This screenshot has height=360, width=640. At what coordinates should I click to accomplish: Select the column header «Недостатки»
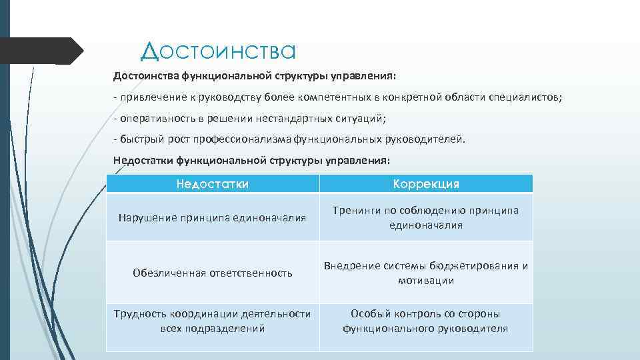212,184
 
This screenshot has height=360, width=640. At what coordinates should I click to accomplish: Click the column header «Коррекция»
426,184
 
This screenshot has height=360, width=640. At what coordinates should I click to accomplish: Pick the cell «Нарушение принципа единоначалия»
212,217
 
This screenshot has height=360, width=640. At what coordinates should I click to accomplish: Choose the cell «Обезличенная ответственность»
212,273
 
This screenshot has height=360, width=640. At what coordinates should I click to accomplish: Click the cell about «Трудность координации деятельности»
212,321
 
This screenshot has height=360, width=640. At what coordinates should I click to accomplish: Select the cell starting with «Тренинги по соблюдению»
426,217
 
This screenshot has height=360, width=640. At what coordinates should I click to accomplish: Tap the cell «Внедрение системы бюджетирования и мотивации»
426,273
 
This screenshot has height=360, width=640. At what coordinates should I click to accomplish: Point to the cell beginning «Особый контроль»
426,321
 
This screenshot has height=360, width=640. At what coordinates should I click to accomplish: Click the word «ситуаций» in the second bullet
363,119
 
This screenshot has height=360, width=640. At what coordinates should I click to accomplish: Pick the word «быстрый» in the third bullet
137,139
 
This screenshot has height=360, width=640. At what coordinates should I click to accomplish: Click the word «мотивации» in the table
426,281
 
